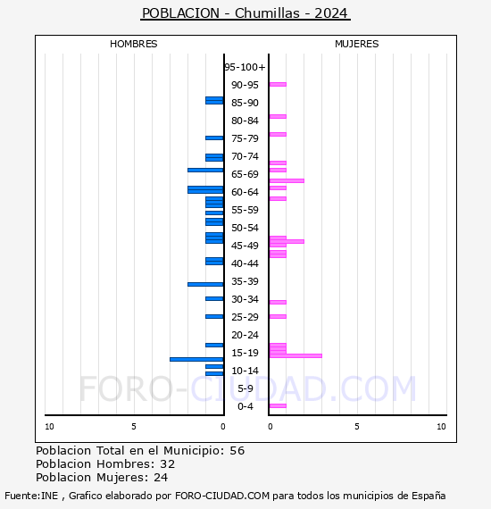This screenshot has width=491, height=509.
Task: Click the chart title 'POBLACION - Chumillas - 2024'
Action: (245, 13)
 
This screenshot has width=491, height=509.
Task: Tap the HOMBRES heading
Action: (133, 44)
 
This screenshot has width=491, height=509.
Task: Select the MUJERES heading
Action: (357, 44)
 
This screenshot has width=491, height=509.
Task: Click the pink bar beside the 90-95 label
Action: (278, 85)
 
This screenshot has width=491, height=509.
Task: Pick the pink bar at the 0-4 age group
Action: (278, 405)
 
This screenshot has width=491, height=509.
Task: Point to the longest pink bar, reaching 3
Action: (295, 355)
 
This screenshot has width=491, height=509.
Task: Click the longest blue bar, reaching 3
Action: (196, 359)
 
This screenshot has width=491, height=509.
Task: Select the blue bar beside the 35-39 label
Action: (205, 284)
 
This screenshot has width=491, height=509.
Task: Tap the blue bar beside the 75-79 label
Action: (214, 138)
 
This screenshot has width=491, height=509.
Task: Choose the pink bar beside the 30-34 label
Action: (278, 302)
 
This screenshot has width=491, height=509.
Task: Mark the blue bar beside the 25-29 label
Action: (214, 316)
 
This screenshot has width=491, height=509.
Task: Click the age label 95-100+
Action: (245, 67)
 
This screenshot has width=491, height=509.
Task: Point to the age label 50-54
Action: (245, 228)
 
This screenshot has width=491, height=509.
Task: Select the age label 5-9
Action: (245, 388)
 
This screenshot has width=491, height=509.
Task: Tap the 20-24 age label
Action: (245, 335)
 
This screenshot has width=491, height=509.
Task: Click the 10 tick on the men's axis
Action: (49, 427)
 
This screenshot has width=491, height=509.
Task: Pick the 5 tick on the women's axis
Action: (357, 427)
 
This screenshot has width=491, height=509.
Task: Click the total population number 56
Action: (237, 451)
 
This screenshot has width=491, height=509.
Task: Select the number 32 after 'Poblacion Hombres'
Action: (168, 464)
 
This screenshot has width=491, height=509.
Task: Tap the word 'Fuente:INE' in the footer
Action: (31, 496)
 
